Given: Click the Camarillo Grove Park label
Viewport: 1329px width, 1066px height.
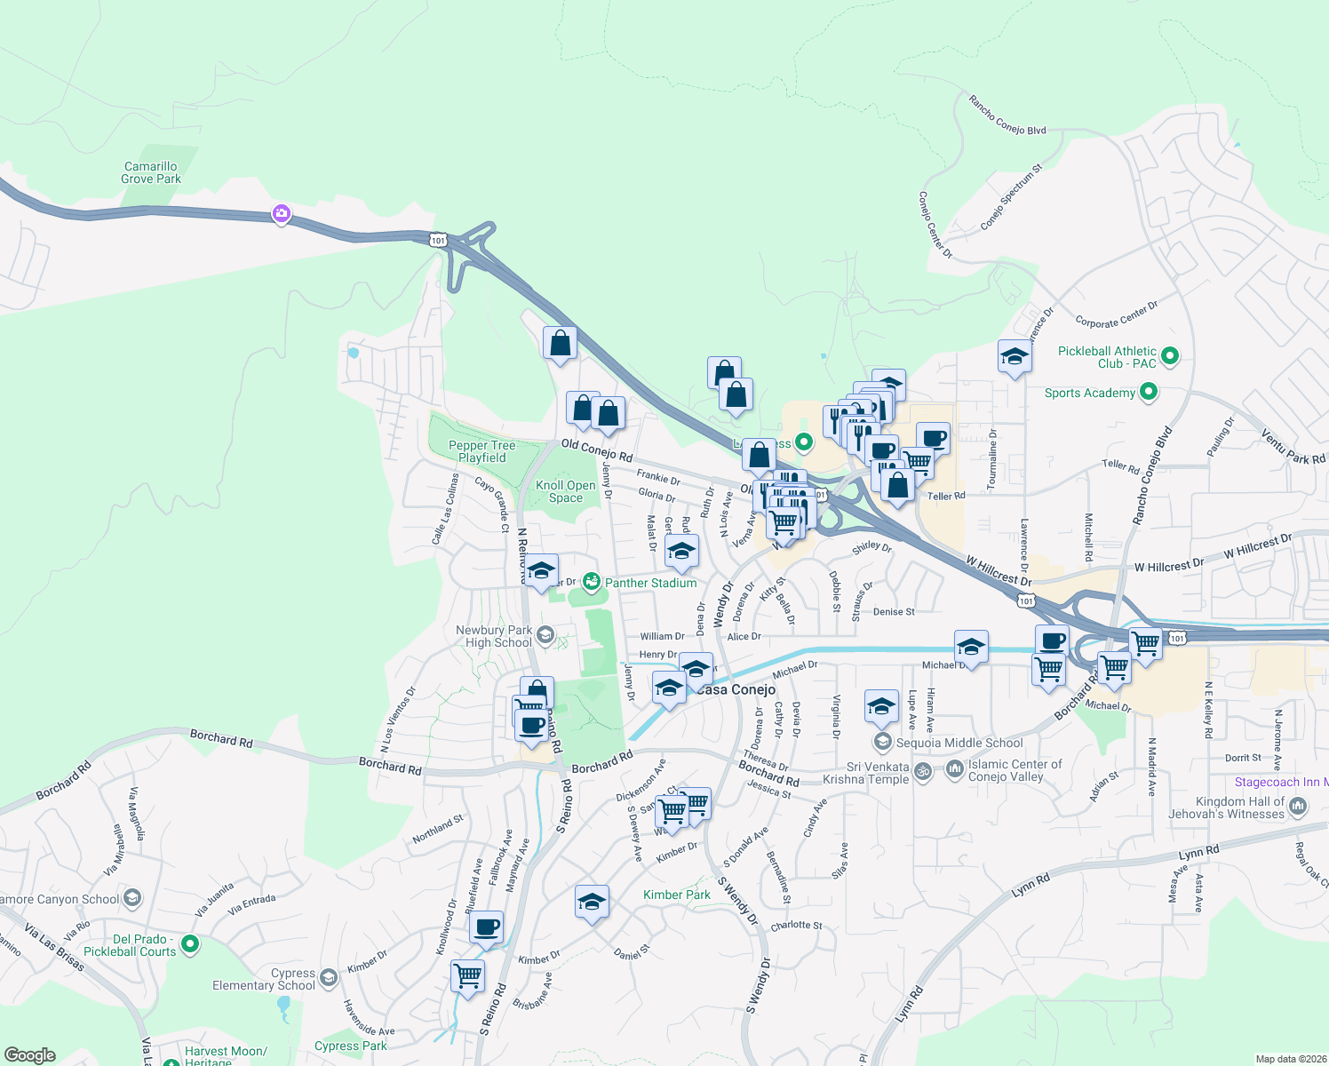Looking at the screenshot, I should (151, 172).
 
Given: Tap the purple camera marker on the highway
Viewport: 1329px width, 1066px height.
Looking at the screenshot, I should (282, 213).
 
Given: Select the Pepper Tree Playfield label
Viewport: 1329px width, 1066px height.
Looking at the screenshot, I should (481, 451).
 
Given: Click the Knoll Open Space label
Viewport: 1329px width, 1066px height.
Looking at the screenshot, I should (566, 491).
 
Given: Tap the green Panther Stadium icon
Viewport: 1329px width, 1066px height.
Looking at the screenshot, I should (591, 583).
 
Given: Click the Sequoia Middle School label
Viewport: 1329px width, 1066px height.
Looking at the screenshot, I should (959, 743).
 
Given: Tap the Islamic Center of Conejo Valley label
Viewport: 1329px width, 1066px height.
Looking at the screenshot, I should (1015, 770).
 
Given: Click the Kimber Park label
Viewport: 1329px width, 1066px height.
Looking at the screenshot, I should (677, 895).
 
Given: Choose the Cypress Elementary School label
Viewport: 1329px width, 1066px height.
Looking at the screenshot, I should (264, 979).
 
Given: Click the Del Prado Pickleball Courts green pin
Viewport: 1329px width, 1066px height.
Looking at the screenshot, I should (189, 943).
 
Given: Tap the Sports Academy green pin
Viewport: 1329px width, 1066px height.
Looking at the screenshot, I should (1149, 392).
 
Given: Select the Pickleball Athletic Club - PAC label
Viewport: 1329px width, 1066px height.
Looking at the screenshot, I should (1107, 357).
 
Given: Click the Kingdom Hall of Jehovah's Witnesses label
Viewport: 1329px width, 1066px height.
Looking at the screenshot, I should (1226, 807).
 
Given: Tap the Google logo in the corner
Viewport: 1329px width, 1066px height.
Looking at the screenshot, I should (29, 1055).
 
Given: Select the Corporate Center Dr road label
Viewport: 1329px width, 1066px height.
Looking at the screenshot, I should (1117, 314).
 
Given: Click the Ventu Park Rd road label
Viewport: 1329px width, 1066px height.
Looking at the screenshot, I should (1293, 446).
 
